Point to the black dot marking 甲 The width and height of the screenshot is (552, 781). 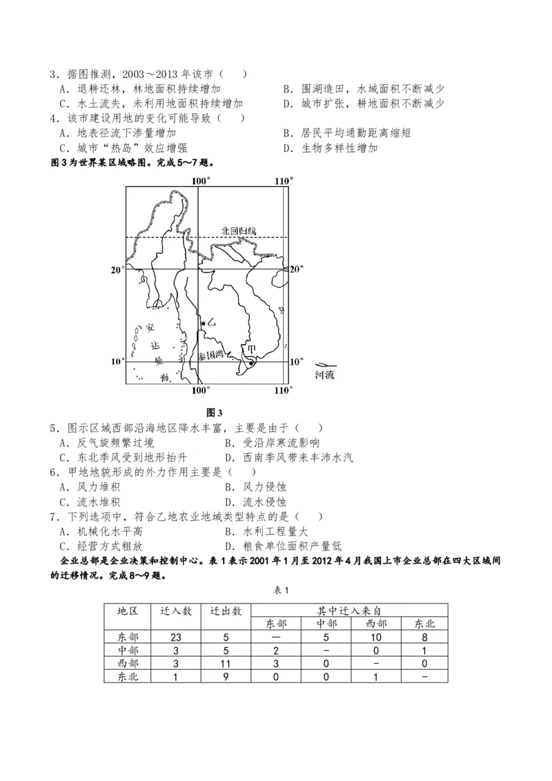click(251, 359)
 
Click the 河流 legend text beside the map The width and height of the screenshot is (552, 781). click(324, 375)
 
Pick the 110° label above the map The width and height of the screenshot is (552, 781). click(283, 181)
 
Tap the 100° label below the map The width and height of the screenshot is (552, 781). click(200, 391)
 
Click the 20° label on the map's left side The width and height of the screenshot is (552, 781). click(117, 270)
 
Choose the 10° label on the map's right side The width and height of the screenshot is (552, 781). click(296, 362)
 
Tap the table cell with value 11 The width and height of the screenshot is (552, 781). click(226, 664)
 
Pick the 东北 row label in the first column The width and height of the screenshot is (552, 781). click(128, 677)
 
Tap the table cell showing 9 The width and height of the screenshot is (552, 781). click(226, 677)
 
